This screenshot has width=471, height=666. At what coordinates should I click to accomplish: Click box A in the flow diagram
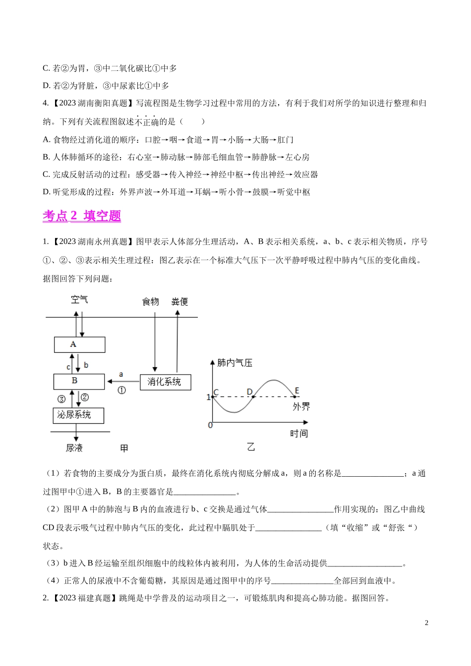(x=79, y=344)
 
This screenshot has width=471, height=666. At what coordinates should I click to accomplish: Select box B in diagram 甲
(x=79, y=381)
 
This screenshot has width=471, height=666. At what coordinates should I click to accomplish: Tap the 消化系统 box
(x=165, y=382)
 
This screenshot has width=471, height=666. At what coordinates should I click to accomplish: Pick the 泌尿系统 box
(x=78, y=415)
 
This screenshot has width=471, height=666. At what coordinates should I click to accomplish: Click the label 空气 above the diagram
(x=79, y=299)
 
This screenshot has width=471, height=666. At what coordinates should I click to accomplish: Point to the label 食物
(x=151, y=301)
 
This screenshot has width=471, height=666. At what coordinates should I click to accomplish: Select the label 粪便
(x=179, y=301)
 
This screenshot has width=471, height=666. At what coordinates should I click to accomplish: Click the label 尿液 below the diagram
(x=74, y=448)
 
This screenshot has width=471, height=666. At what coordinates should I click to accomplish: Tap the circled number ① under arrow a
(x=121, y=390)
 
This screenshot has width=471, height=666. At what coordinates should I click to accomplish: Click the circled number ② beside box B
(x=85, y=397)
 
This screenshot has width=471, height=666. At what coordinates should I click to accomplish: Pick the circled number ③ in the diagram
(x=61, y=398)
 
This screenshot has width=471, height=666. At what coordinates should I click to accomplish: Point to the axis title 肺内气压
(x=235, y=363)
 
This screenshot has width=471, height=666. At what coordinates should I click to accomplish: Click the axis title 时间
(x=299, y=434)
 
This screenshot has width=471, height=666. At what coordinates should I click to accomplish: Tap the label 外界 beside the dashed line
(x=300, y=407)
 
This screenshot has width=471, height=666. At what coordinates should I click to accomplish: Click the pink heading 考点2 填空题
(x=82, y=216)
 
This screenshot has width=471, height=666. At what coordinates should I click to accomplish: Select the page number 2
(x=426, y=623)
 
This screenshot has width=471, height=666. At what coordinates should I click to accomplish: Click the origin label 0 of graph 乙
(x=210, y=425)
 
